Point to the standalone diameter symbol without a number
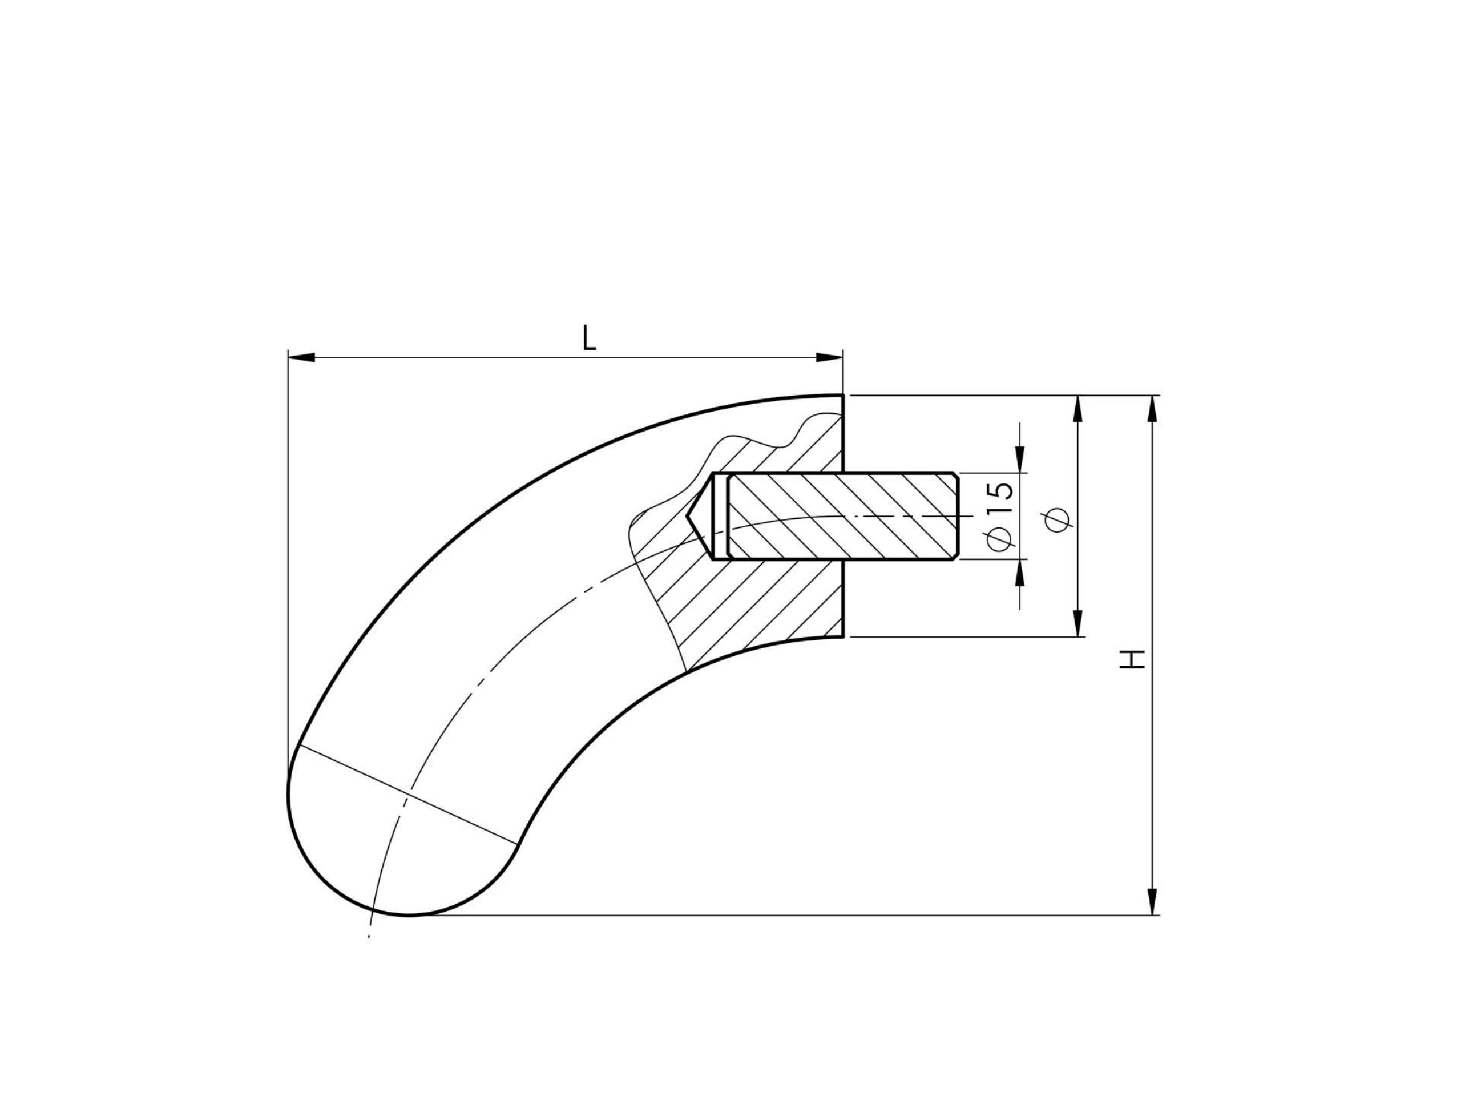coord(1058,521)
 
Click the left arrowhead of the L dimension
coord(302,357)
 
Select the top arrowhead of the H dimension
coord(1153,409)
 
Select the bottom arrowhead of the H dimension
coord(1153,902)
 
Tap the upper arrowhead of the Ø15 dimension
coord(1020,460)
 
